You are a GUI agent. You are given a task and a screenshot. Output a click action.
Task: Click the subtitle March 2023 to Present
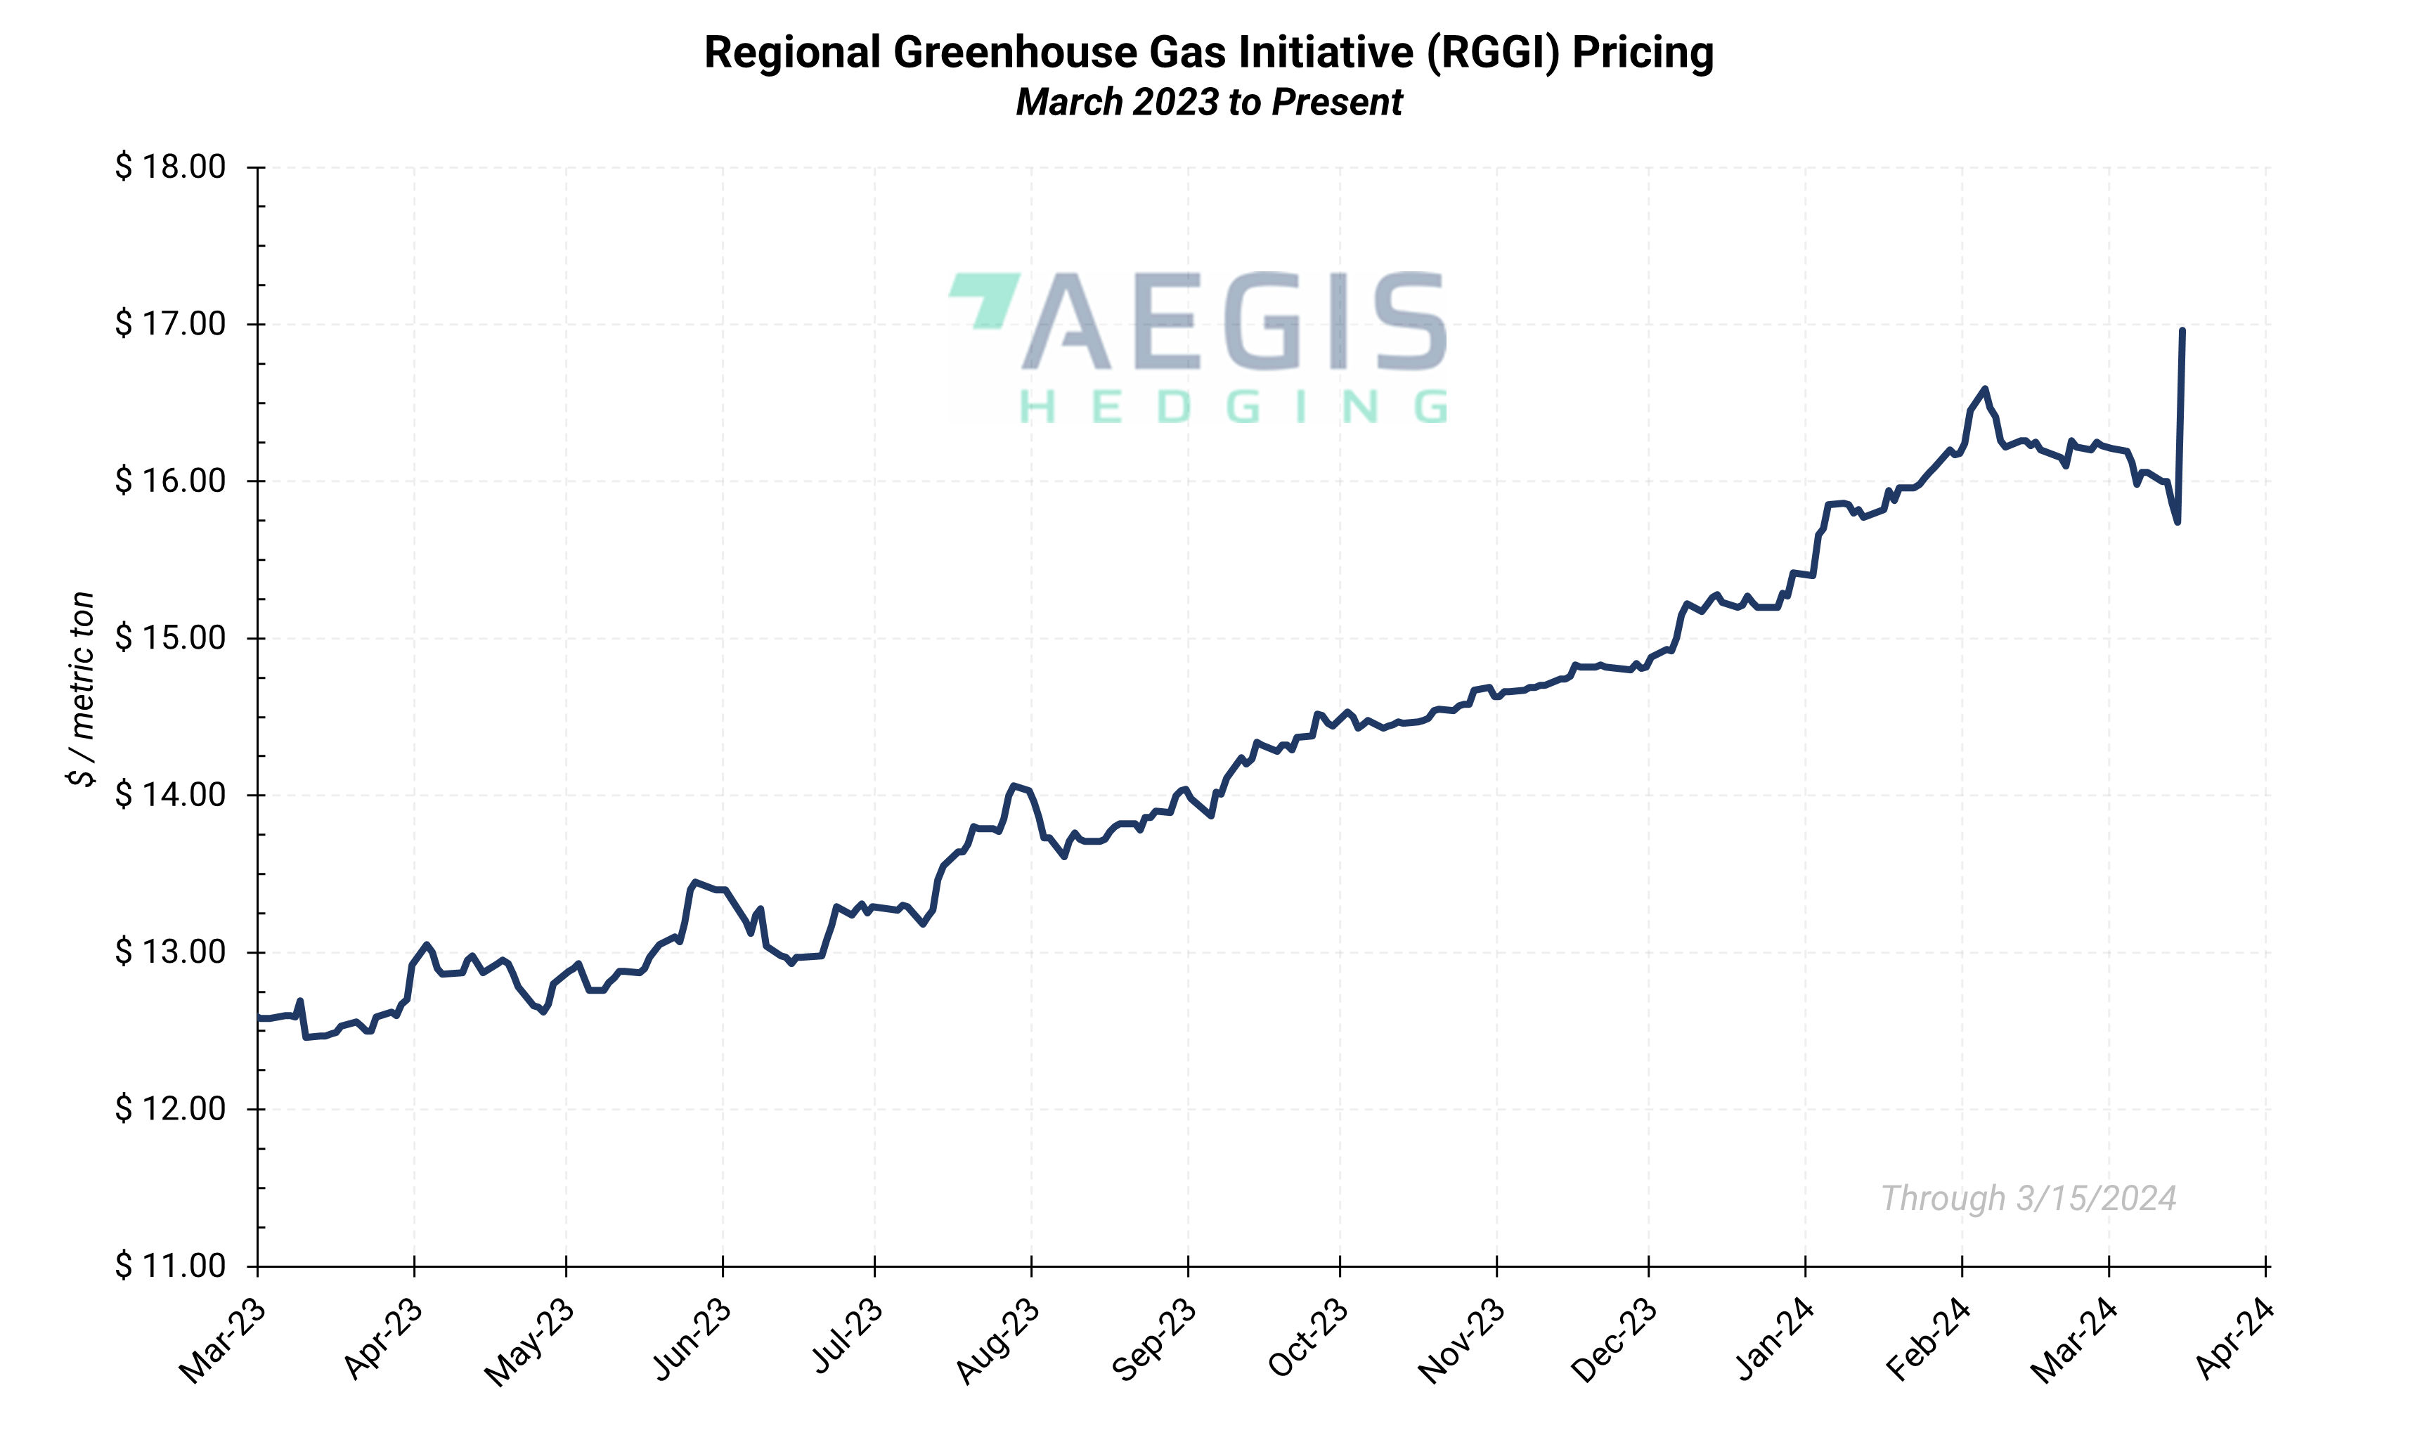(x=1209, y=103)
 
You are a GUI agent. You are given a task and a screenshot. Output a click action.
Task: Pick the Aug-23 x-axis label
(x=997, y=1340)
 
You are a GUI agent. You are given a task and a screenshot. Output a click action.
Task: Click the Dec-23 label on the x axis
(x=1614, y=1340)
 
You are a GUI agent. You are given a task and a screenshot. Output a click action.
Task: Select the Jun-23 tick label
(x=692, y=1340)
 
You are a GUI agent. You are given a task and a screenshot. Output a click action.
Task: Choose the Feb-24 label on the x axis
(x=1927, y=1340)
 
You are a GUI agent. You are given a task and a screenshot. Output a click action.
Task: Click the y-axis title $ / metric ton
(x=82, y=688)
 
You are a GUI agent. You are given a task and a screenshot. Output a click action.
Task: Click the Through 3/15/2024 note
(x=2028, y=1198)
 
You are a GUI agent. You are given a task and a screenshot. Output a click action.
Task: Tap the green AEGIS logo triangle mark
(x=984, y=298)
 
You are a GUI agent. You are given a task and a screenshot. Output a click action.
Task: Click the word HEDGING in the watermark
(x=1233, y=407)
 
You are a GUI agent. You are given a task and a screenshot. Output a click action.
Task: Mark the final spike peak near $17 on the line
(x=2182, y=331)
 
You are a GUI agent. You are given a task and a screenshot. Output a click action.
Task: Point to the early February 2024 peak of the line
(x=1985, y=389)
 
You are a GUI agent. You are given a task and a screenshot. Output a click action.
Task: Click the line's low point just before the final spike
(x=2177, y=521)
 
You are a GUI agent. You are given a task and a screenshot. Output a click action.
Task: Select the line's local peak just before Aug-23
(x=1014, y=786)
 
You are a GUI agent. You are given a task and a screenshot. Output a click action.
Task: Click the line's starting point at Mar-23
(x=259, y=1018)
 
